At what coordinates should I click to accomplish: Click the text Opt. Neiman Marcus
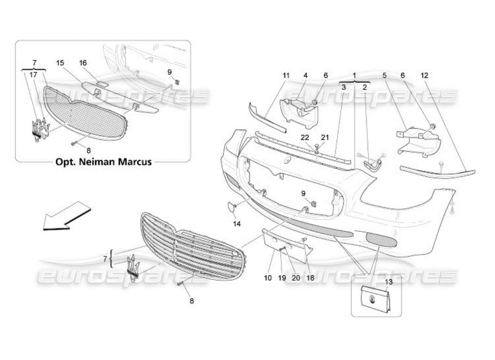click(x=103, y=162)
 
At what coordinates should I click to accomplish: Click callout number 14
click(x=237, y=223)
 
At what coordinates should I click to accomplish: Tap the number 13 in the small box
click(x=388, y=282)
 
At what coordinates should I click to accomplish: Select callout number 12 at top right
click(x=425, y=76)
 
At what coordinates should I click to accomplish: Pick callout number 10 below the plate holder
click(x=268, y=278)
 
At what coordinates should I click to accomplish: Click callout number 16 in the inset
click(x=83, y=63)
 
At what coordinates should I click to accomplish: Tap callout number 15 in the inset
click(x=60, y=63)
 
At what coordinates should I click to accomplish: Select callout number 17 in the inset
click(x=34, y=76)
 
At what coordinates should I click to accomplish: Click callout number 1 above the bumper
click(x=355, y=76)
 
